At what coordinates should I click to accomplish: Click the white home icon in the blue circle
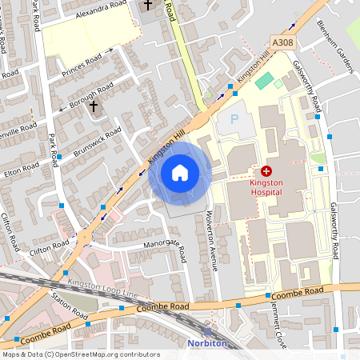(180, 173)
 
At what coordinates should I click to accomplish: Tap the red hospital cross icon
(266, 171)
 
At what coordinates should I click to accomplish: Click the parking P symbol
(234, 119)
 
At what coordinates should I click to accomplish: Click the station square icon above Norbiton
(208, 332)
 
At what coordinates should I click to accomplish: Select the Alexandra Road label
(101, 10)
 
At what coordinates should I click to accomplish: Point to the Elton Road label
(22, 170)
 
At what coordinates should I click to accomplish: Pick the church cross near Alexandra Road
(146, 6)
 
